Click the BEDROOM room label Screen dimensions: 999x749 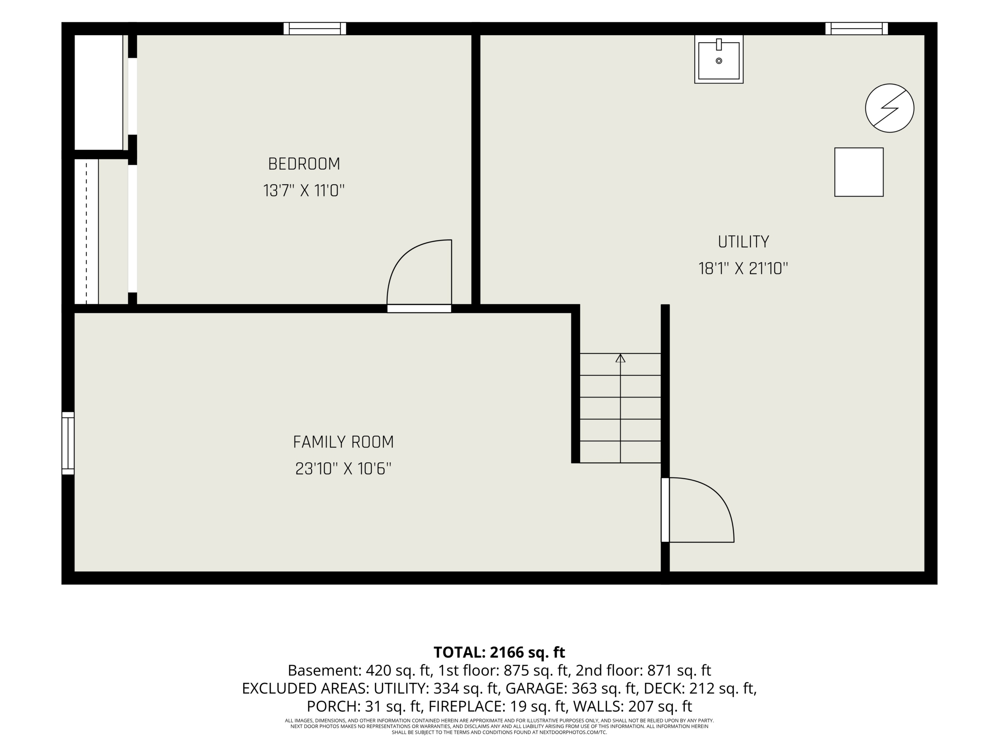304,164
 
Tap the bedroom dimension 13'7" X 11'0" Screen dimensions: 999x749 304,190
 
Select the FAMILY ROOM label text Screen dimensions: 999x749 343,442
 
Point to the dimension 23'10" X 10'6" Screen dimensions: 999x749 343,469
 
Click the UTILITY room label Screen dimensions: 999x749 743,242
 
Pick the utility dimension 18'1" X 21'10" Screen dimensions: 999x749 743,269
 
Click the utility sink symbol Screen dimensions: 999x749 718,59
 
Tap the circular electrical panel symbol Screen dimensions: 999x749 890,108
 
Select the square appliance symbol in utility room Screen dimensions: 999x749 859,172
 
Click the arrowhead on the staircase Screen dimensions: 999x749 620,358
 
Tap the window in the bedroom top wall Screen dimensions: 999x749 315,28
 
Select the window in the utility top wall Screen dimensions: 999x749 857,28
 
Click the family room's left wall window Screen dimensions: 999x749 68,443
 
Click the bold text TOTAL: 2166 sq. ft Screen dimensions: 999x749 499,652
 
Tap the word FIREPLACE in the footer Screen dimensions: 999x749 467,706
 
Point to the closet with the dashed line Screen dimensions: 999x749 101,232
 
